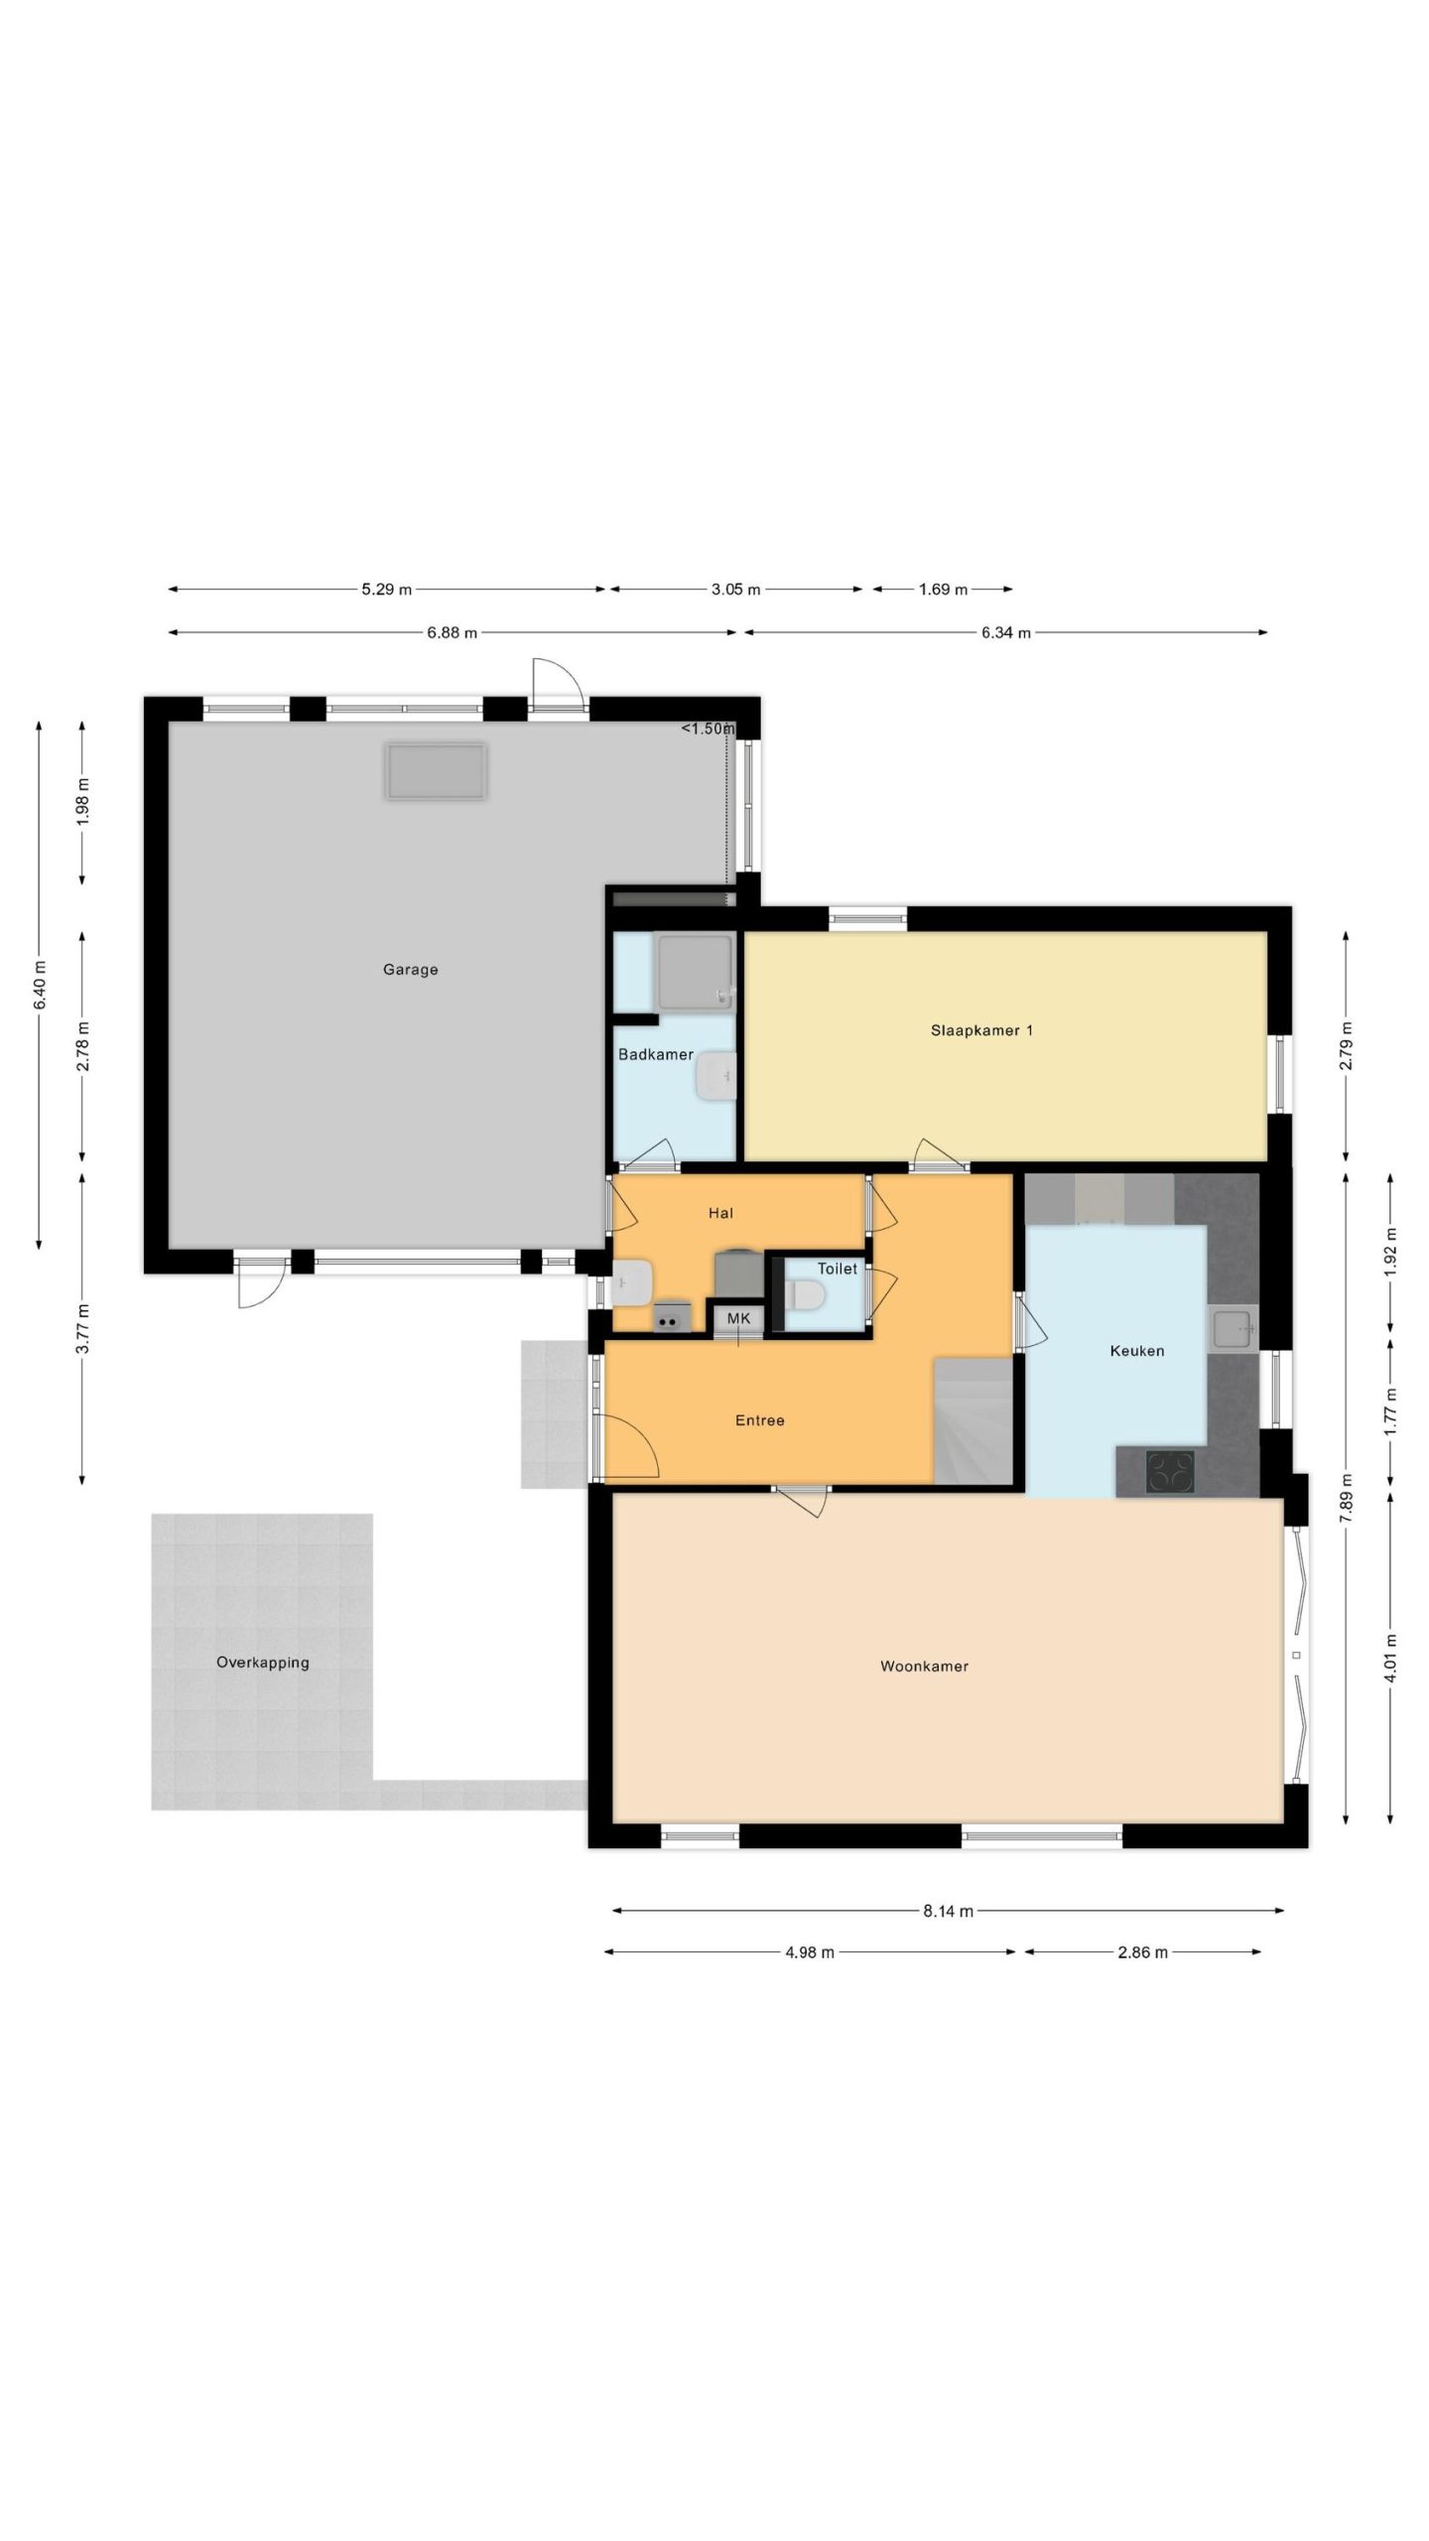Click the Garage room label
pyautogui.click(x=410, y=970)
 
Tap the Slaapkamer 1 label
pyautogui.click(x=981, y=1030)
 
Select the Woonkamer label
pyautogui.click(x=924, y=1667)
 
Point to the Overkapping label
pyautogui.click(x=263, y=1663)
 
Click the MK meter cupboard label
pyautogui.click(x=739, y=1319)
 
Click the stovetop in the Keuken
pyautogui.click(x=1170, y=1472)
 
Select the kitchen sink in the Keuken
pyautogui.click(x=1233, y=1330)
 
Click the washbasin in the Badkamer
pyautogui.click(x=715, y=1077)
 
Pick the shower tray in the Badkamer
pyautogui.click(x=695, y=971)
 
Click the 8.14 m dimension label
pyautogui.click(x=948, y=1911)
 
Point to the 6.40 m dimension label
pyautogui.click(x=40, y=986)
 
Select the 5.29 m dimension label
pyautogui.click(x=386, y=590)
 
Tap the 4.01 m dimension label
pyautogui.click(x=1390, y=1659)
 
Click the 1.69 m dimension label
pyautogui.click(x=943, y=590)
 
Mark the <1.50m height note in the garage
pyautogui.click(x=708, y=729)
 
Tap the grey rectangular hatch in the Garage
pyautogui.click(x=436, y=772)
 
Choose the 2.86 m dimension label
pyautogui.click(x=1142, y=1952)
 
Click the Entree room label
pyautogui.click(x=760, y=1420)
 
